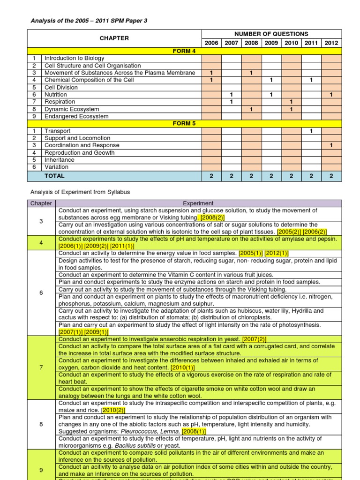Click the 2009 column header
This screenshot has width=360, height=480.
[x=271, y=43]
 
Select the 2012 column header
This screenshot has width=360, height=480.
[x=331, y=43]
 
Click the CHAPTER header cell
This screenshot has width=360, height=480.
[x=114, y=38]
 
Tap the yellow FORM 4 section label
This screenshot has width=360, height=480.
[x=185, y=51]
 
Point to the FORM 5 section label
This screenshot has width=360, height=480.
[x=185, y=124]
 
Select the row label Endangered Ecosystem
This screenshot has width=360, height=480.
[x=76, y=116]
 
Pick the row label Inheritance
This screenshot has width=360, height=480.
[x=59, y=160]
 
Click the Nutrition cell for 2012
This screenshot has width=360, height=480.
[x=331, y=95]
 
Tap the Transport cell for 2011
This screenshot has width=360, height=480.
[x=311, y=131]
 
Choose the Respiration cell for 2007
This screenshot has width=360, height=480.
[x=231, y=102]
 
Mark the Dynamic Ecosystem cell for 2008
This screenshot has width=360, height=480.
[x=251, y=109]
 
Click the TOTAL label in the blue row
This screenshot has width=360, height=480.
[x=54, y=176]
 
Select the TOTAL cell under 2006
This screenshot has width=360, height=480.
[x=211, y=176]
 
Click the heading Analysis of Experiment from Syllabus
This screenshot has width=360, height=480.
[x=80, y=192]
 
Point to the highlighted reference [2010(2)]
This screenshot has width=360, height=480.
[x=114, y=410]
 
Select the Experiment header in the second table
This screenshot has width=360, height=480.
[x=198, y=203]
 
